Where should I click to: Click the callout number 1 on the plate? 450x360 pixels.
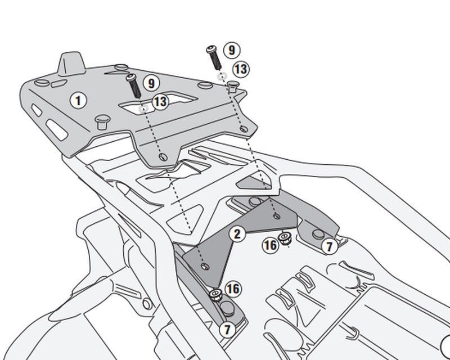[79, 101]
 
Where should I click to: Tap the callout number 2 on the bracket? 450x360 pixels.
[238, 233]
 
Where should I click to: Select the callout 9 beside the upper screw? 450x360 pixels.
[231, 49]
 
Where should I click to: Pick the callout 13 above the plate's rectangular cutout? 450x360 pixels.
[160, 102]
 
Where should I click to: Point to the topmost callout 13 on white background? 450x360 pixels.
[241, 69]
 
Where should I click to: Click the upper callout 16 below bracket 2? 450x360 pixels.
[271, 245]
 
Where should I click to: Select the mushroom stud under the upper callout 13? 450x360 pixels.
[233, 86]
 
